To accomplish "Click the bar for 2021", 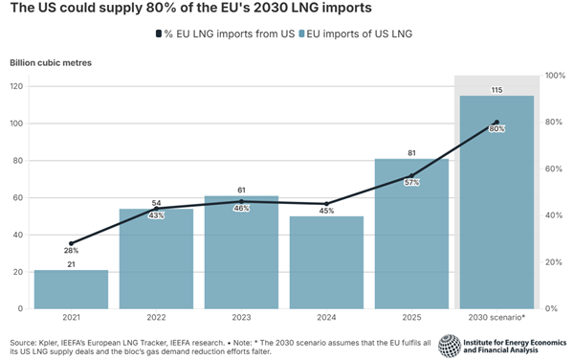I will coord(71,289).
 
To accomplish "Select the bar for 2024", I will coord(326,263).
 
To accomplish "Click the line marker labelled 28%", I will coord(71,243).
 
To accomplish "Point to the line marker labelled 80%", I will coord(497,123).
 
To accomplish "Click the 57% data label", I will coord(411,182).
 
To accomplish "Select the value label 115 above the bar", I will coord(497,89).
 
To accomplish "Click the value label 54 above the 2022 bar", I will coord(156,203).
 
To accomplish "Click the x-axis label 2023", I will coord(241,318).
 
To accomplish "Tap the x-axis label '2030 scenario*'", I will coord(497,318).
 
